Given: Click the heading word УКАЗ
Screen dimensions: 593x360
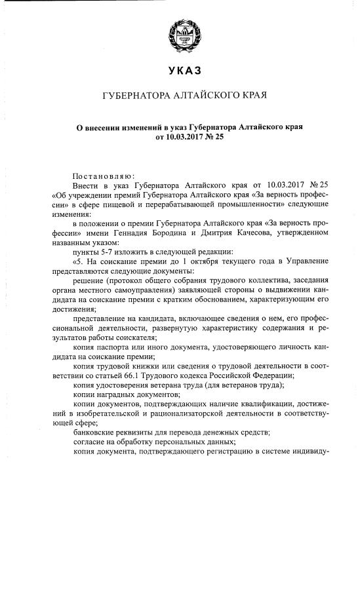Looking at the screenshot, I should [x=180, y=70].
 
